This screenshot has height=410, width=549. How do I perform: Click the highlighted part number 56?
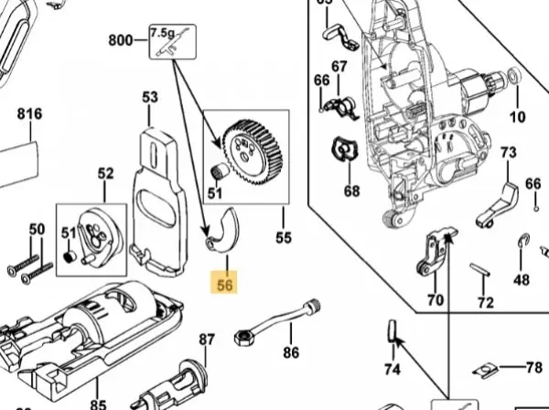pos(224,285)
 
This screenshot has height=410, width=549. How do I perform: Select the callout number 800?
pos(121,40)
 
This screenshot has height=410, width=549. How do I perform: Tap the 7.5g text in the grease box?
pos(163,33)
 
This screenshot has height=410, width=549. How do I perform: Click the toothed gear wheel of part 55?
pos(253,152)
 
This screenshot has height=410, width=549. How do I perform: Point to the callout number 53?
pos(150,97)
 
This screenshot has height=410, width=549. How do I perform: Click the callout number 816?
pos(30,113)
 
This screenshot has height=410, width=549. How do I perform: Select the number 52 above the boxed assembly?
pos(106,174)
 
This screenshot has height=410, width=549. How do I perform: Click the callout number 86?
pos(291,352)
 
